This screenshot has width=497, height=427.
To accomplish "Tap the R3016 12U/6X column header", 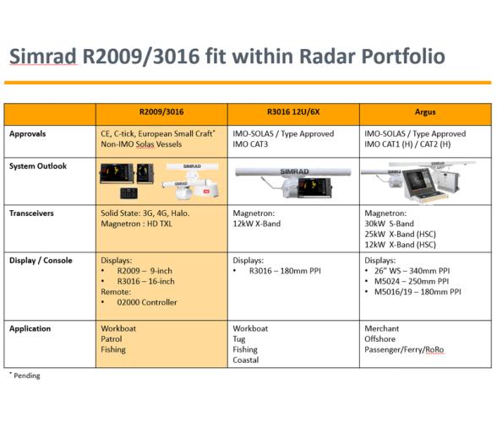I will coord(293,111).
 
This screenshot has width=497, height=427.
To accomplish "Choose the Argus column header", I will coord(425,111).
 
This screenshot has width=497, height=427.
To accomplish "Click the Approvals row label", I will coord(28,133).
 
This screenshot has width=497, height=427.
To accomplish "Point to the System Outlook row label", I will coord(36,165).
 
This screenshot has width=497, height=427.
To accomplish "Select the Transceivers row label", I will coord(31,213).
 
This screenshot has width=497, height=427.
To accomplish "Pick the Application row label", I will coord(30,328).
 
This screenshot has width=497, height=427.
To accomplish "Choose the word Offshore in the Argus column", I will coord(380,339).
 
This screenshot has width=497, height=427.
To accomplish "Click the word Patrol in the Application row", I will coord(112,339).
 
